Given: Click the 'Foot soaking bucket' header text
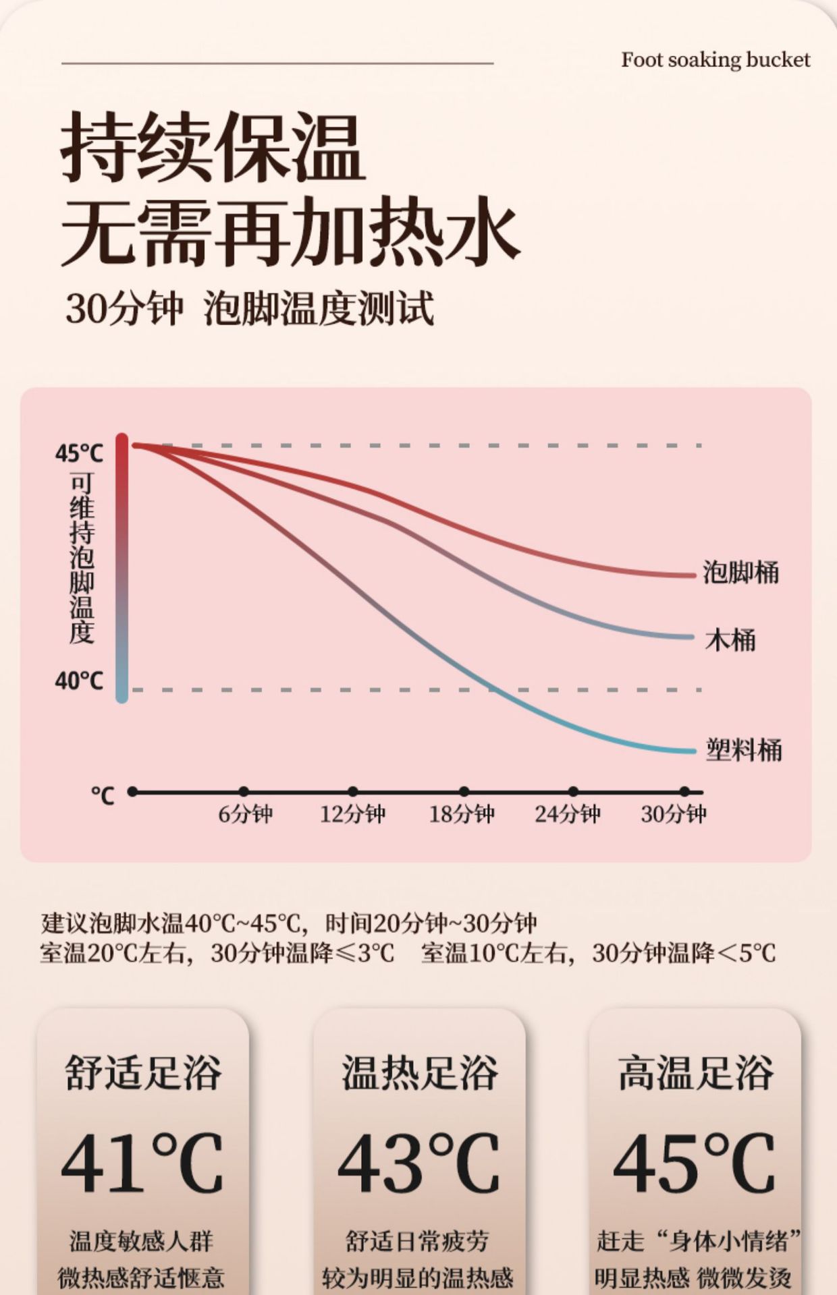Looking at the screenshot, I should point(715,60).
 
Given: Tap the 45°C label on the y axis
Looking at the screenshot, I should point(79,453).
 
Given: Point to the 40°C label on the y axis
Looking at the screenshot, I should point(79,681).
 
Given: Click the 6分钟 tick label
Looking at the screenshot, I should point(245,814).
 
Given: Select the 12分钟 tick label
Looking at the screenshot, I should point(352,814).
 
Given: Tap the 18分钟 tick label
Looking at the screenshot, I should point(462,814).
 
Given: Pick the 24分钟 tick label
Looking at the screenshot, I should point(568,814).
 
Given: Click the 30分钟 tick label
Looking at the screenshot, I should point(674,814).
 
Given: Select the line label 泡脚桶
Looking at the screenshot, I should point(740,573).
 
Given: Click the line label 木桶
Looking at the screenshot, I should point(730,639).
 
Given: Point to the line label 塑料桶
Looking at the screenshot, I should point(743,749).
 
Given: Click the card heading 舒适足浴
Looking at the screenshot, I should point(143,1073).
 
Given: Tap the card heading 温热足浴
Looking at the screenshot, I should point(419,1073).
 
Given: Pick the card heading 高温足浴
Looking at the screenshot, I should point(695,1073).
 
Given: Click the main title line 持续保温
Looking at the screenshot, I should point(213,146).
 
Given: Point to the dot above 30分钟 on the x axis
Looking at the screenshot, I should point(684,791).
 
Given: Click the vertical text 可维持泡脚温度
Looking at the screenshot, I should point(82,558).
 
